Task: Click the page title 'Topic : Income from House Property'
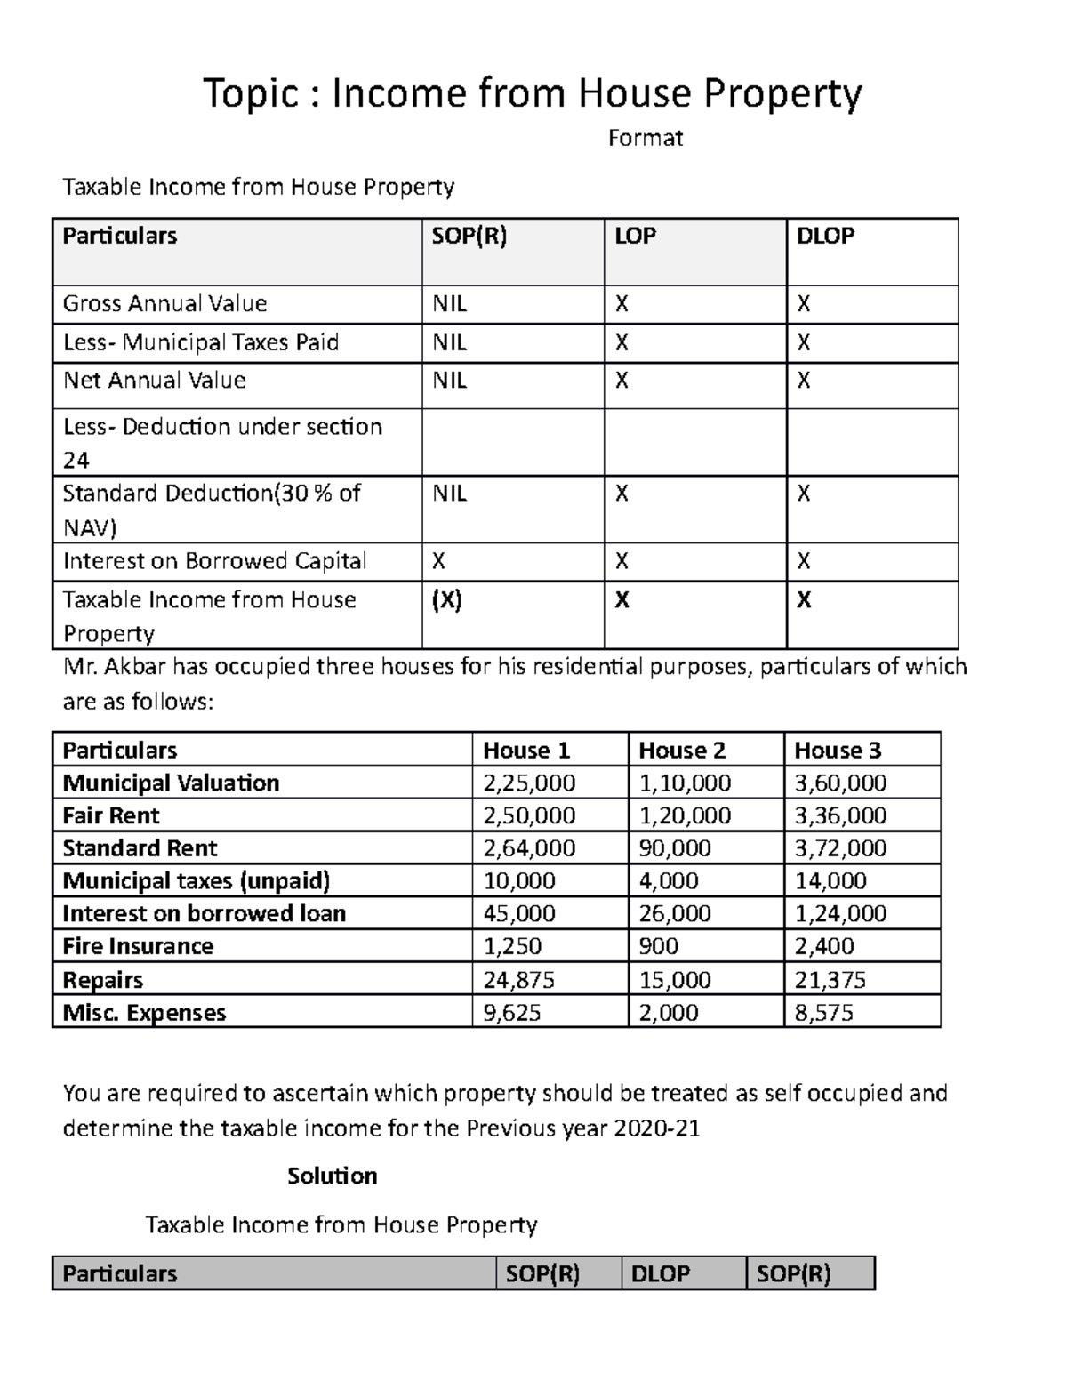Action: coord(533,93)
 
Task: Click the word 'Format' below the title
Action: coord(645,138)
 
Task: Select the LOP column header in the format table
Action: coord(635,236)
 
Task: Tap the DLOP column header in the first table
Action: coord(824,236)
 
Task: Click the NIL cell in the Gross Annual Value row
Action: coord(449,304)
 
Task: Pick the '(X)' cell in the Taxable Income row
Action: coord(446,600)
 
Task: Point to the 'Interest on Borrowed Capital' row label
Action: coord(214,561)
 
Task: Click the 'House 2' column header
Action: coord(682,751)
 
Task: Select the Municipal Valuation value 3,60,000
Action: coord(839,783)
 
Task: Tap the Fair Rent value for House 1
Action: coord(528,815)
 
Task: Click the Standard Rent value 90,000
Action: coord(674,848)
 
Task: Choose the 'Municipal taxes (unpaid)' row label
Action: coord(196,881)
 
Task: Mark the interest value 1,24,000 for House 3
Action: coord(839,913)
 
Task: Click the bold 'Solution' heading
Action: coord(332,1176)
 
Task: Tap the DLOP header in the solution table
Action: coord(660,1273)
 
